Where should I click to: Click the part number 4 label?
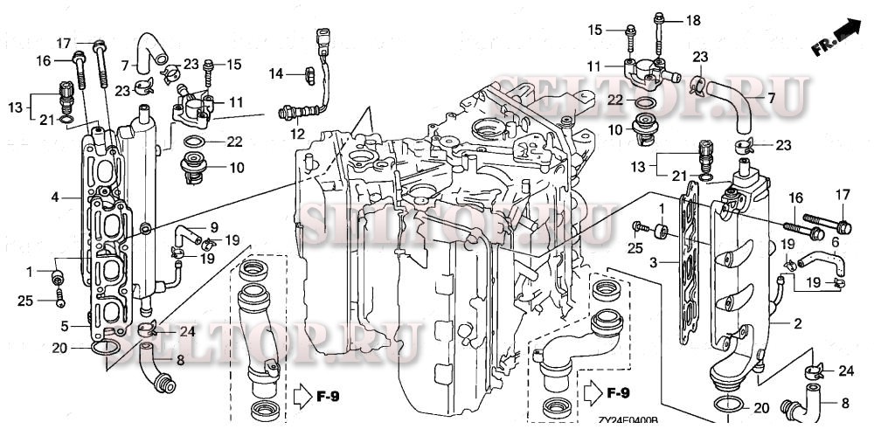(54, 197)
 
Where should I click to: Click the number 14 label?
(276, 75)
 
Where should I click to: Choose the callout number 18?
(693, 19)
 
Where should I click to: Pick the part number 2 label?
(798, 322)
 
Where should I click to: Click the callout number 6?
(835, 242)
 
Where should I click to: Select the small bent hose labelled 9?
(185, 233)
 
